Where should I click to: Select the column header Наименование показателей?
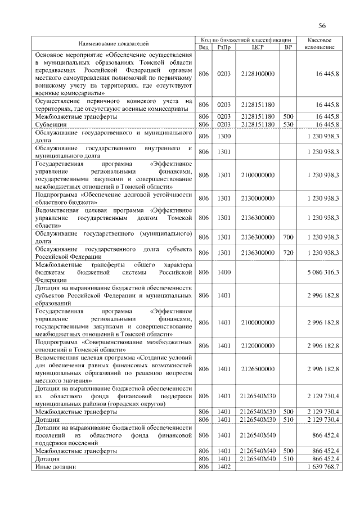114,43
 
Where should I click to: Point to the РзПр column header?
224,47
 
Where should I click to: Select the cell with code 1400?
224,272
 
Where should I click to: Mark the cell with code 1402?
224,467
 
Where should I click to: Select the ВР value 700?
289,237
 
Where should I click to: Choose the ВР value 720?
289,253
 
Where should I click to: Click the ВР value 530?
289,124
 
